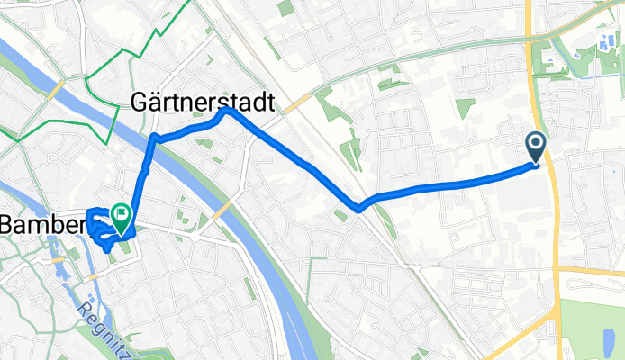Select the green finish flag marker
click(120, 216)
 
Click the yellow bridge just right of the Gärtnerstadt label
click(293, 104)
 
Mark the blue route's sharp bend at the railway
click(360, 209)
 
